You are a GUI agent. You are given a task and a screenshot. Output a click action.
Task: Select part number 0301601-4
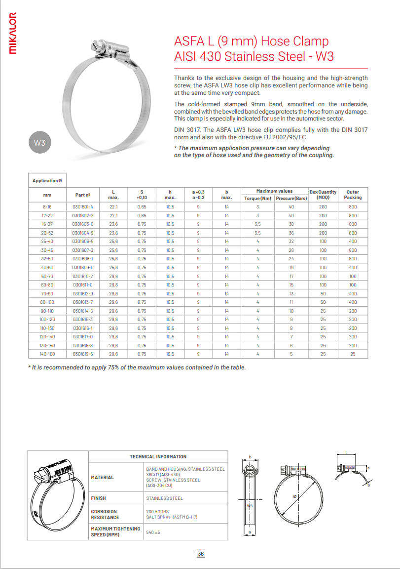(x=82, y=207)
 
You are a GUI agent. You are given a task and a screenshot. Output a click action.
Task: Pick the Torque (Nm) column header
(x=258, y=198)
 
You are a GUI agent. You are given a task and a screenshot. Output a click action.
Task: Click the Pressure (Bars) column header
(x=291, y=198)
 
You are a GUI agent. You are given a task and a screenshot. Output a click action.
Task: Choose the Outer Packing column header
(x=353, y=195)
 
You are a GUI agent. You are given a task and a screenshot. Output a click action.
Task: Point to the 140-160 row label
(x=47, y=354)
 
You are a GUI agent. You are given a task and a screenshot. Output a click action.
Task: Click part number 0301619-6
(x=82, y=354)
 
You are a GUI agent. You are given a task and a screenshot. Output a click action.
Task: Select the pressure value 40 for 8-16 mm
(x=291, y=207)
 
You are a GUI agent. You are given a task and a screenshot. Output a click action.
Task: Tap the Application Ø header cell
(x=47, y=181)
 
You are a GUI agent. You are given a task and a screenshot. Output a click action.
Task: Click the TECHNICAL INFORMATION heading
(x=158, y=457)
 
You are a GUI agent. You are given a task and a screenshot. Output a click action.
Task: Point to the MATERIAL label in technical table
(x=103, y=478)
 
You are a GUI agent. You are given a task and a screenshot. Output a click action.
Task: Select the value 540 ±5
(x=153, y=532)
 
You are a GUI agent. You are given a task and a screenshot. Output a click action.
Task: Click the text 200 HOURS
(x=157, y=512)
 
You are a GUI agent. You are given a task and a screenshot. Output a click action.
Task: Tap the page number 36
(x=201, y=554)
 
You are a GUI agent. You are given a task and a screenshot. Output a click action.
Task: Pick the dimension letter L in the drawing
(x=347, y=452)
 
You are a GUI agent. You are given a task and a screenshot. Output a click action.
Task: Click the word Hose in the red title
(x=278, y=41)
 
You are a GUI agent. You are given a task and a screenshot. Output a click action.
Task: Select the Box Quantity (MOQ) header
(x=323, y=195)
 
